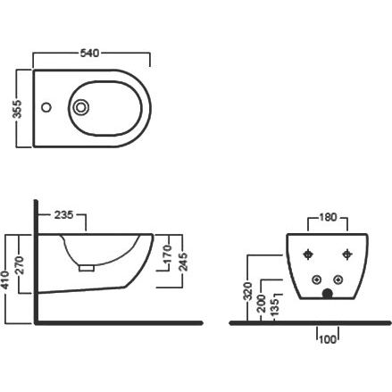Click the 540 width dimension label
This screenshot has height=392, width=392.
click(89, 53)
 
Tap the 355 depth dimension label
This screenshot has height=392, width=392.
click(18, 109)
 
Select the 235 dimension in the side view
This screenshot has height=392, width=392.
click(63, 214)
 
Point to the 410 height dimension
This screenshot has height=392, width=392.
click(5, 280)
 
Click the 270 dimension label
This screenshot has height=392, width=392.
click(19, 266)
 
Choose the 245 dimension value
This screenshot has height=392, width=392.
click(183, 262)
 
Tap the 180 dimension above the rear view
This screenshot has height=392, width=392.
click(328, 217)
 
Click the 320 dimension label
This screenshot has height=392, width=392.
click(248, 291)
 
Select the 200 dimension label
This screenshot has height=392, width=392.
click(262, 304)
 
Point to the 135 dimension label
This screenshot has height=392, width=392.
click(276, 307)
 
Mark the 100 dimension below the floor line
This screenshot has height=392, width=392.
click(328, 339)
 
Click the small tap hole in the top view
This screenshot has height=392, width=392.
click(46, 107)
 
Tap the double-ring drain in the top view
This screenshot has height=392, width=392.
click(80, 107)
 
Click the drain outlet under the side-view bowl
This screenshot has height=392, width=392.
click(87, 268)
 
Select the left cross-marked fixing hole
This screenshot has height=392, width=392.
click(308, 254)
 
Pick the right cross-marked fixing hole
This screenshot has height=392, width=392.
click(347, 254)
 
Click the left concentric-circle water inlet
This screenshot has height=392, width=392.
click(316, 279)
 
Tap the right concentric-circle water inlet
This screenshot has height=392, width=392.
click(338, 279)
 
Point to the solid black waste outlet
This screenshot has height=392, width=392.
click(328, 294)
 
